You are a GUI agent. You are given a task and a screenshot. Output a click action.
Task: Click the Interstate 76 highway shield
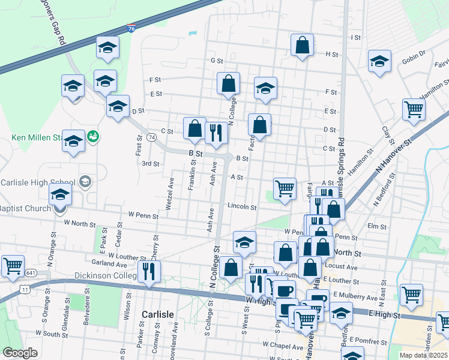131,28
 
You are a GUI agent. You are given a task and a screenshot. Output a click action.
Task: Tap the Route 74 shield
152,137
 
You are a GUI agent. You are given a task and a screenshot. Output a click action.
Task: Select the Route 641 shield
31,273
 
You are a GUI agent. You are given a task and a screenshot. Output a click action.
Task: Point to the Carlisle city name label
157,314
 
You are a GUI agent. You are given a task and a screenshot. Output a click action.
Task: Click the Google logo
20,353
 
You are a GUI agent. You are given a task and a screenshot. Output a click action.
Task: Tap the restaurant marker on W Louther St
148,271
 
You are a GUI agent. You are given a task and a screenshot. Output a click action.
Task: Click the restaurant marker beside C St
216,133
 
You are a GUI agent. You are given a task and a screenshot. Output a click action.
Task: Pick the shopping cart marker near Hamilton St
414,109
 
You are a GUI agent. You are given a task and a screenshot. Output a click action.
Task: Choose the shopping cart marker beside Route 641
13,265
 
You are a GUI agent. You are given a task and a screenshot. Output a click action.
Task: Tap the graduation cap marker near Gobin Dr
379,61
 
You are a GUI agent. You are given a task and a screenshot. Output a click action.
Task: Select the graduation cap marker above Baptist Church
60,194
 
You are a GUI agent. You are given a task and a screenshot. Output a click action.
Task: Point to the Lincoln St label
242,206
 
